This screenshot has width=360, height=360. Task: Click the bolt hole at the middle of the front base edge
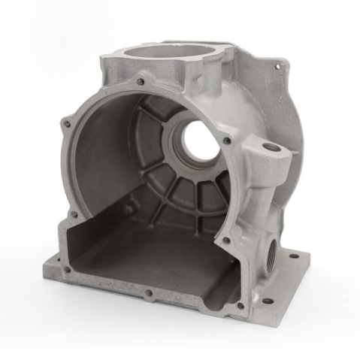[x=149, y=293]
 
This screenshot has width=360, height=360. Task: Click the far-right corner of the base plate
[x=308, y=263]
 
